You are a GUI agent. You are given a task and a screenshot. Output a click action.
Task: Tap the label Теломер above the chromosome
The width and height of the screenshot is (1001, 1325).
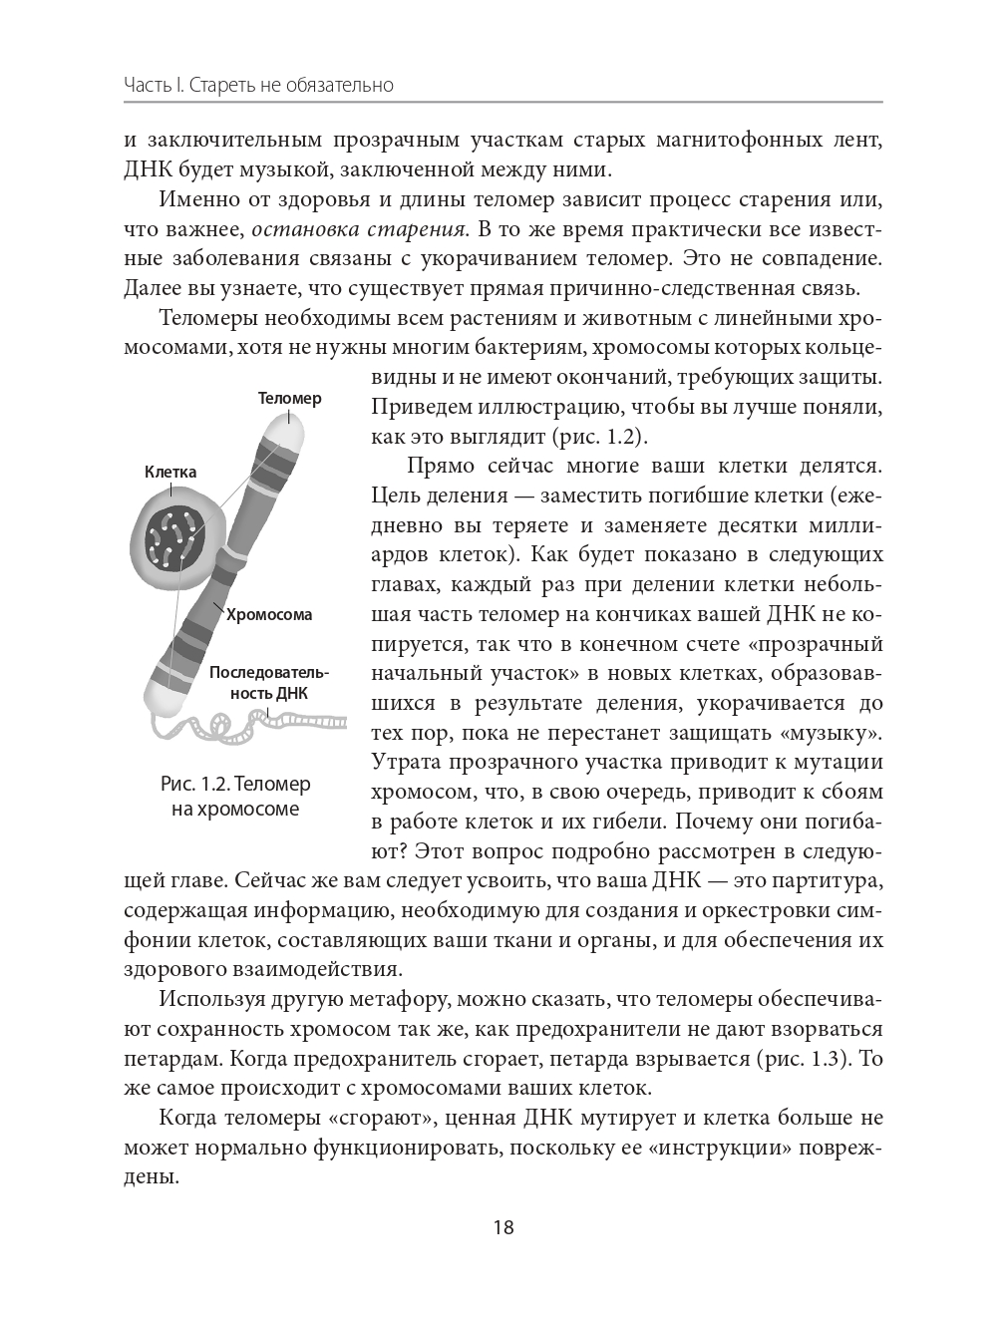(289, 398)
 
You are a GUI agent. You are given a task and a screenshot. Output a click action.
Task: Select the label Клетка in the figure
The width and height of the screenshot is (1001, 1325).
(170, 472)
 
